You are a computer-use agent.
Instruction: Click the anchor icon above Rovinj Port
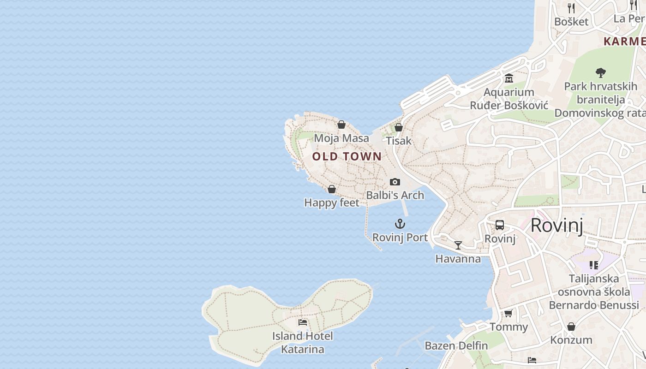[400, 224]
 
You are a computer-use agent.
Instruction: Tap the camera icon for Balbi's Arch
[395, 182]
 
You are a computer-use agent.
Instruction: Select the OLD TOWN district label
[347, 156]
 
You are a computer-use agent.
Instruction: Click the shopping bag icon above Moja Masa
[341, 125]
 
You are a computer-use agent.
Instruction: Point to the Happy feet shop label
[332, 202]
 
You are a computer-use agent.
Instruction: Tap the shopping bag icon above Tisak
[399, 127]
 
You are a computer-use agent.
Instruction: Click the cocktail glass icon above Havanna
[458, 245]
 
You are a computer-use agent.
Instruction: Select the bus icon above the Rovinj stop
[500, 225]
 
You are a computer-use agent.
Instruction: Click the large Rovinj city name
[556, 226]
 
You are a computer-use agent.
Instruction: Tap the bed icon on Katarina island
[303, 322]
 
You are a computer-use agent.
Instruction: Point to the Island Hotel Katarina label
[303, 343]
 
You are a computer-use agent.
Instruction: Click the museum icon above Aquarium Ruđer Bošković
[509, 78]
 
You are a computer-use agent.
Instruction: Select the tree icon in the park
[600, 72]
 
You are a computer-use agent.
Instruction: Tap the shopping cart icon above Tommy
[508, 314]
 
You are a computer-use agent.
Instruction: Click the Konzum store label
[571, 340]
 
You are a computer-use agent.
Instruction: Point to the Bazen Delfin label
[456, 345]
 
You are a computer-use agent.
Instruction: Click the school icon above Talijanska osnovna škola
[593, 265]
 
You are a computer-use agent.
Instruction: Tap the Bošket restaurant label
[571, 22]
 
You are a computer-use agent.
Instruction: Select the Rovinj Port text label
[400, 238]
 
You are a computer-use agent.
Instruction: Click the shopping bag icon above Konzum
[571, 327]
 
